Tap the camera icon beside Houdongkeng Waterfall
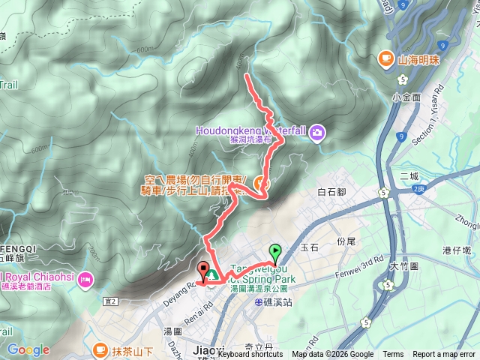(317, 133)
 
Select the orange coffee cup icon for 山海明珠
(385, 58)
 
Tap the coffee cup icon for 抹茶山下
(100, 349)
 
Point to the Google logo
(28, 349)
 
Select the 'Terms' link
(393, 355)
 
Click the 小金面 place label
(406, 97)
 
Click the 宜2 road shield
(111, 301)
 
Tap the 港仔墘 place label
(455, 250)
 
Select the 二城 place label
(409, 176)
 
